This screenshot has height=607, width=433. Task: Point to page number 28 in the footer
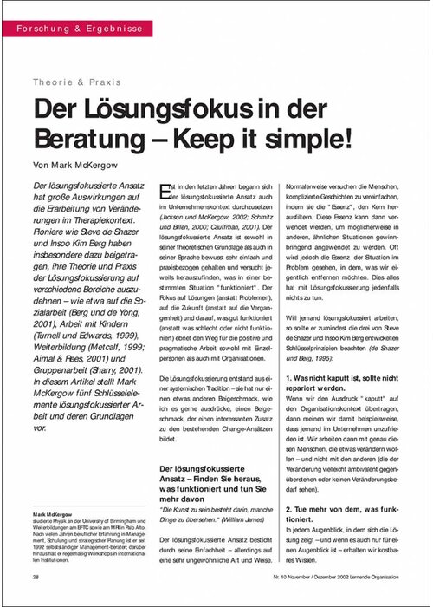click(x=36, y=576)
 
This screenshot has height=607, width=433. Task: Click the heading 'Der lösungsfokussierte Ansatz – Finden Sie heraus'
click(x=209, y=473)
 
